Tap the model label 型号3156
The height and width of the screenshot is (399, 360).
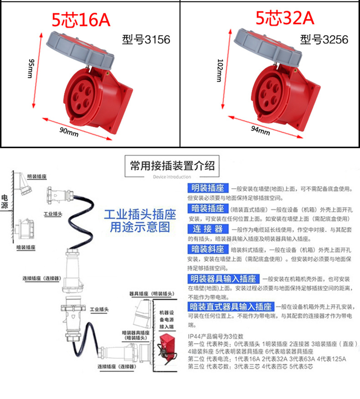point(146,40)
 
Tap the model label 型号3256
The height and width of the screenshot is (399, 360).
point(324,40)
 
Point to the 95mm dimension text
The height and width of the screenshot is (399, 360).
point(31,68)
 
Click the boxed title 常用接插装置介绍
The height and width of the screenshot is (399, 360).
point(172,166)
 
